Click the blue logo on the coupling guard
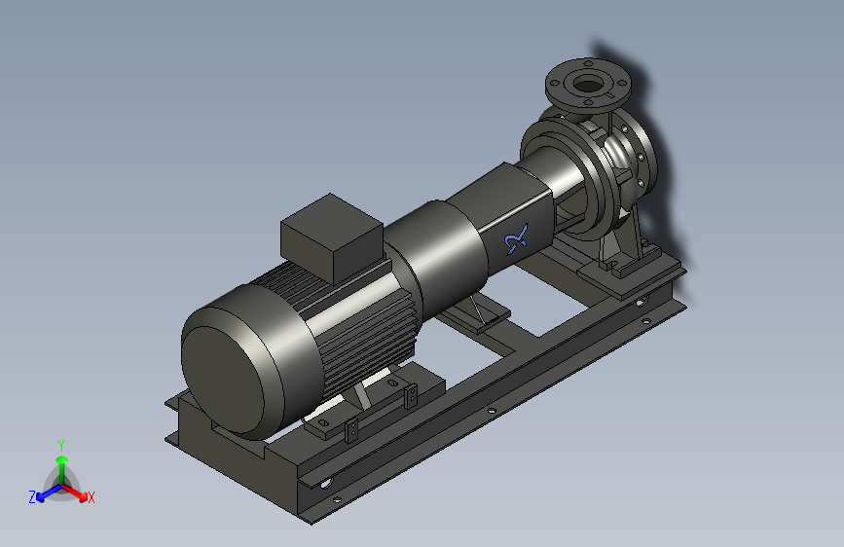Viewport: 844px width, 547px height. click(x=517, y=239)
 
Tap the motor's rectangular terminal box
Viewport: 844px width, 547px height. click(x=332, y=237)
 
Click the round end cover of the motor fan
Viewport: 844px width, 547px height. click(x=222, y=373)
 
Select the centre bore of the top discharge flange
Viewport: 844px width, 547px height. click(x=588, y=84)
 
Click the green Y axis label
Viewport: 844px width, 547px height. click(x=61, y=445)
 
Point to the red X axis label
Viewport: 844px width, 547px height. click(x=92, y=497)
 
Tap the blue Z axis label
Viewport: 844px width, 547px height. click(x=32, y=497)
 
